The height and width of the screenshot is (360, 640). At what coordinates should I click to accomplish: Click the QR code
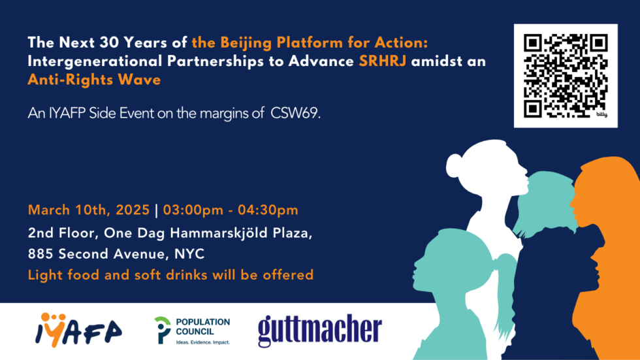click(566, 76)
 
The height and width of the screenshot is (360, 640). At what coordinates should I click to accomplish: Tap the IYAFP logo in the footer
click(78, 330)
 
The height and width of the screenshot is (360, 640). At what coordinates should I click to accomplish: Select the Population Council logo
click(192, 331)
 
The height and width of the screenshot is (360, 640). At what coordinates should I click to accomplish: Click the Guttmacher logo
click(320, 331)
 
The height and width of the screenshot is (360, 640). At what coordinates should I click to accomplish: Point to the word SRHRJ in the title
click(383, 61)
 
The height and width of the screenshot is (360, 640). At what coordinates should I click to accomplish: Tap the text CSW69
click(295, 113)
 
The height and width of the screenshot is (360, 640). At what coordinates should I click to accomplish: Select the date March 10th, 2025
click(89, 210)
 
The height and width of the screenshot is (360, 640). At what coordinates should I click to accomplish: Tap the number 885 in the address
click(40, 254)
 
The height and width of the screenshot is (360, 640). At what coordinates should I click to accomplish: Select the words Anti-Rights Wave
click(94, 80)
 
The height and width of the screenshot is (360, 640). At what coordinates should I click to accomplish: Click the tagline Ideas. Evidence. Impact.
click(203, 342)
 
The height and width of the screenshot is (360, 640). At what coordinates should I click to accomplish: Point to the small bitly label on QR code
click(602, 115)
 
